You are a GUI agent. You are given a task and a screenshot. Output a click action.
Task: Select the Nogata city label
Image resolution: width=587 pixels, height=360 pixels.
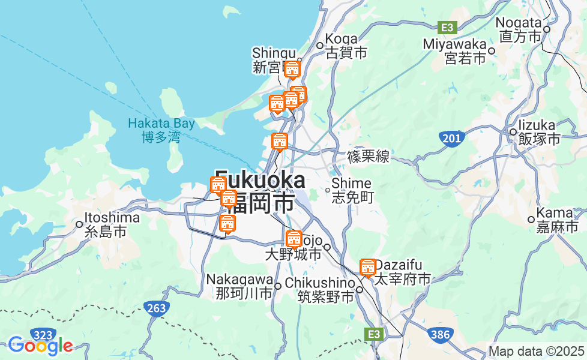point(519,29)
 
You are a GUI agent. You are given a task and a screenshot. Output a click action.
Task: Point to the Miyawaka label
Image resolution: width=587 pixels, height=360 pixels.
point(454,51)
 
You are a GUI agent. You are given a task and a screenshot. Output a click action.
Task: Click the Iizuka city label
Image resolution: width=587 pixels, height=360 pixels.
point(538,132)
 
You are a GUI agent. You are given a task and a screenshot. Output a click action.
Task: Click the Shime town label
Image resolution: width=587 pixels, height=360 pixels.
point(352,190)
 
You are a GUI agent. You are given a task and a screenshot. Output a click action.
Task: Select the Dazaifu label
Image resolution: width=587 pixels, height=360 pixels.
point(402,272)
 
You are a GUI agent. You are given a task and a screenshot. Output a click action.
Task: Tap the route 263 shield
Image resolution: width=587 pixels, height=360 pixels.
point(156,308)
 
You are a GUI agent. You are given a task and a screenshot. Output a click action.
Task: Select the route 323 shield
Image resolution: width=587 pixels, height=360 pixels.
point(44,335)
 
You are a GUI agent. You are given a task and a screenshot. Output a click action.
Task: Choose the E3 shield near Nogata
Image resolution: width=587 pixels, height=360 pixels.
point(448,28)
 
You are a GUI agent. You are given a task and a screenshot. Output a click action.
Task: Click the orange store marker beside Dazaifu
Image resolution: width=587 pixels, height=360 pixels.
point(367,267)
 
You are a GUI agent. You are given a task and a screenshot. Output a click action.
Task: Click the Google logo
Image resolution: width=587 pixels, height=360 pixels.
point(40,346)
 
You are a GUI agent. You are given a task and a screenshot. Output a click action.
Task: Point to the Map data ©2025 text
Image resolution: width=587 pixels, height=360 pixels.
point(537,351)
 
